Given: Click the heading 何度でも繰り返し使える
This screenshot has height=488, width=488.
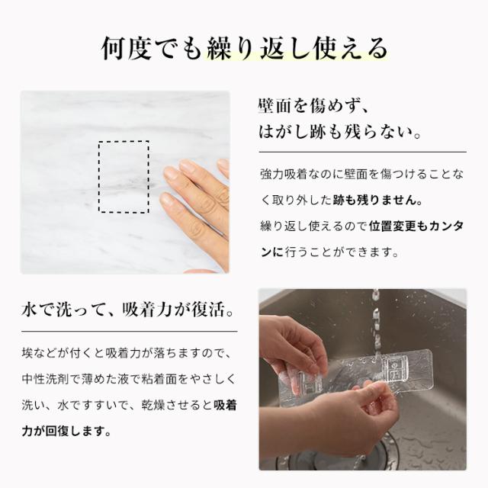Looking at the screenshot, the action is point(245,49).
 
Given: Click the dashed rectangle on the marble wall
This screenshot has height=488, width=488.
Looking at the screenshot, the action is point(124,142).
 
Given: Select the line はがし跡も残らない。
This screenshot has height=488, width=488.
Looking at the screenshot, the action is point(340,131).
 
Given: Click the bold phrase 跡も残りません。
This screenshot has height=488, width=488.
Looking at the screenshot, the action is point(378,200).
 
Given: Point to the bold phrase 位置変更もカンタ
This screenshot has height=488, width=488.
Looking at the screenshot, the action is point(416,226).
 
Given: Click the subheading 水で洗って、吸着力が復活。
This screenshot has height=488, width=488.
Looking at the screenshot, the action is point(127,310).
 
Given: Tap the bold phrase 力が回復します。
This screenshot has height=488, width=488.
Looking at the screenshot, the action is point(66,432).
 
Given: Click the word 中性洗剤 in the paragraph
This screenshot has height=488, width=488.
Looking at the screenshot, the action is point(45,379).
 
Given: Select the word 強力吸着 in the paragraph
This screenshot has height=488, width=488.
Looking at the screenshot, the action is point(284,175).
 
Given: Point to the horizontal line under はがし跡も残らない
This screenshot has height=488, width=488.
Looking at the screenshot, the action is point(363,152).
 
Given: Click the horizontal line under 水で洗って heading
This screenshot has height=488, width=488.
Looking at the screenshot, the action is point(130,332).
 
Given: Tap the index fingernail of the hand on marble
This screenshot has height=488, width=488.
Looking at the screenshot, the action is point(189,167).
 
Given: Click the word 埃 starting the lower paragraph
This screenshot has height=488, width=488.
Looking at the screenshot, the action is point(27,353).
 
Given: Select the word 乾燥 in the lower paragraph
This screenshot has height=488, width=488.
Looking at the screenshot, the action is point(153,405).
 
